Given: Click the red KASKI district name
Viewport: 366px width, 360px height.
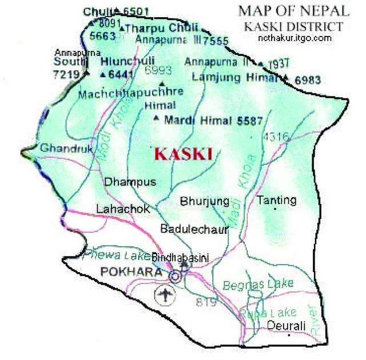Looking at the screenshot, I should (x=184, y=154).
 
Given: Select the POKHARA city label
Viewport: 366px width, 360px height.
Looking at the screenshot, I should (x=131, y=273).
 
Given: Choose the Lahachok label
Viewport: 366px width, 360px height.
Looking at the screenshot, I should (x=123, y=209).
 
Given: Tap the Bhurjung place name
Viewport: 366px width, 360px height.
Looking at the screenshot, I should (x=204, y=201).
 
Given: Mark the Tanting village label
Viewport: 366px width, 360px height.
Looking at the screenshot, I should (x=277, y=200).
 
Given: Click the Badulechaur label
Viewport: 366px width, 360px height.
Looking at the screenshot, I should (x=194, y=229).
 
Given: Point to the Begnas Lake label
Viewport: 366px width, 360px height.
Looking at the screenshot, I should (x=257, y=283).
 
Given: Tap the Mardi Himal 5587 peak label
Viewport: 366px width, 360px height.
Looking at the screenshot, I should (x=213, y=121).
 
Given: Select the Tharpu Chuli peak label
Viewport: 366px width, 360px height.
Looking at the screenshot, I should (x=161, y=28).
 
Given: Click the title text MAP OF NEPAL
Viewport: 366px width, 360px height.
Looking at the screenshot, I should (x=293, y=10).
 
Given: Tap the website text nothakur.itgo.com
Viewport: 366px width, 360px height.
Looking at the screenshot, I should (x=294, y=38).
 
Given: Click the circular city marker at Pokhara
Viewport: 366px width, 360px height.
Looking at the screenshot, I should (x=176, y=277).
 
